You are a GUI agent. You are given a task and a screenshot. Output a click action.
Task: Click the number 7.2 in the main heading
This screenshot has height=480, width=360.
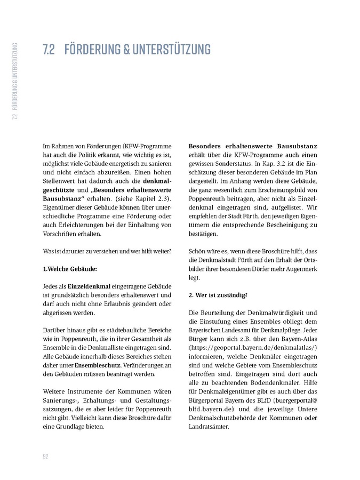point(51,50)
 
